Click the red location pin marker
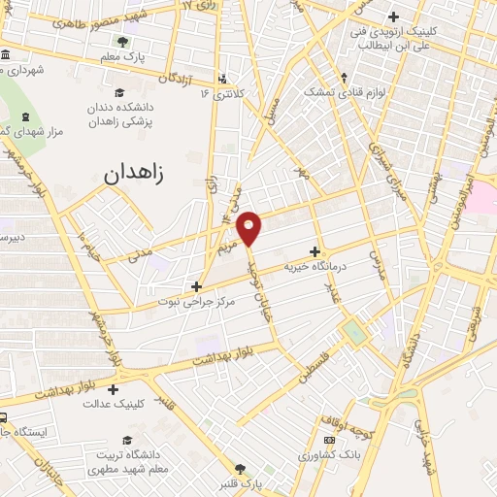(249, 225)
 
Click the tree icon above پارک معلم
(123, 42)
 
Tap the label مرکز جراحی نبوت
(200, 301)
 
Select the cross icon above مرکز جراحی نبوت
(197, 286)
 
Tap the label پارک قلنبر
(240, 482)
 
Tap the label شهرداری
(22, 70)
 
